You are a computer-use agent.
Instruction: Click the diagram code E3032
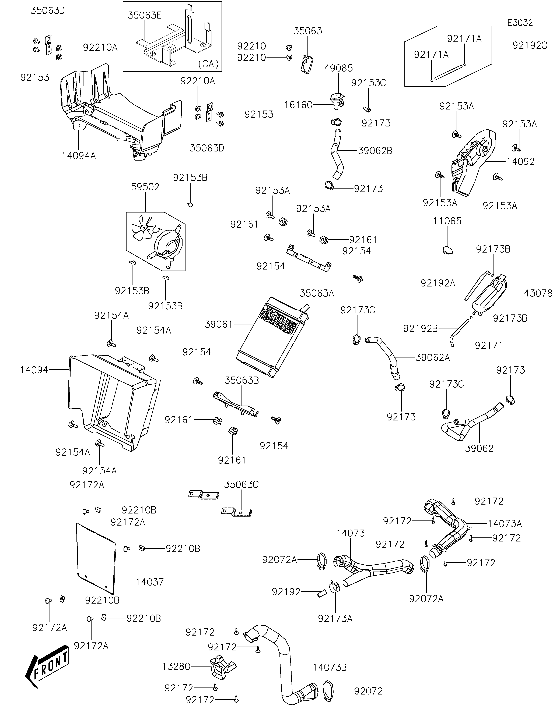[x=520, y=23]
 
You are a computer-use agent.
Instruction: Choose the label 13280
[x=176, y=666]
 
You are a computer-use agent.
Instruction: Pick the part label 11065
[x=447, y=221]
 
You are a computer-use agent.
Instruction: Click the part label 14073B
[x=330, y=667]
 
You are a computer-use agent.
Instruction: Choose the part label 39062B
[x=375, y=151]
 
